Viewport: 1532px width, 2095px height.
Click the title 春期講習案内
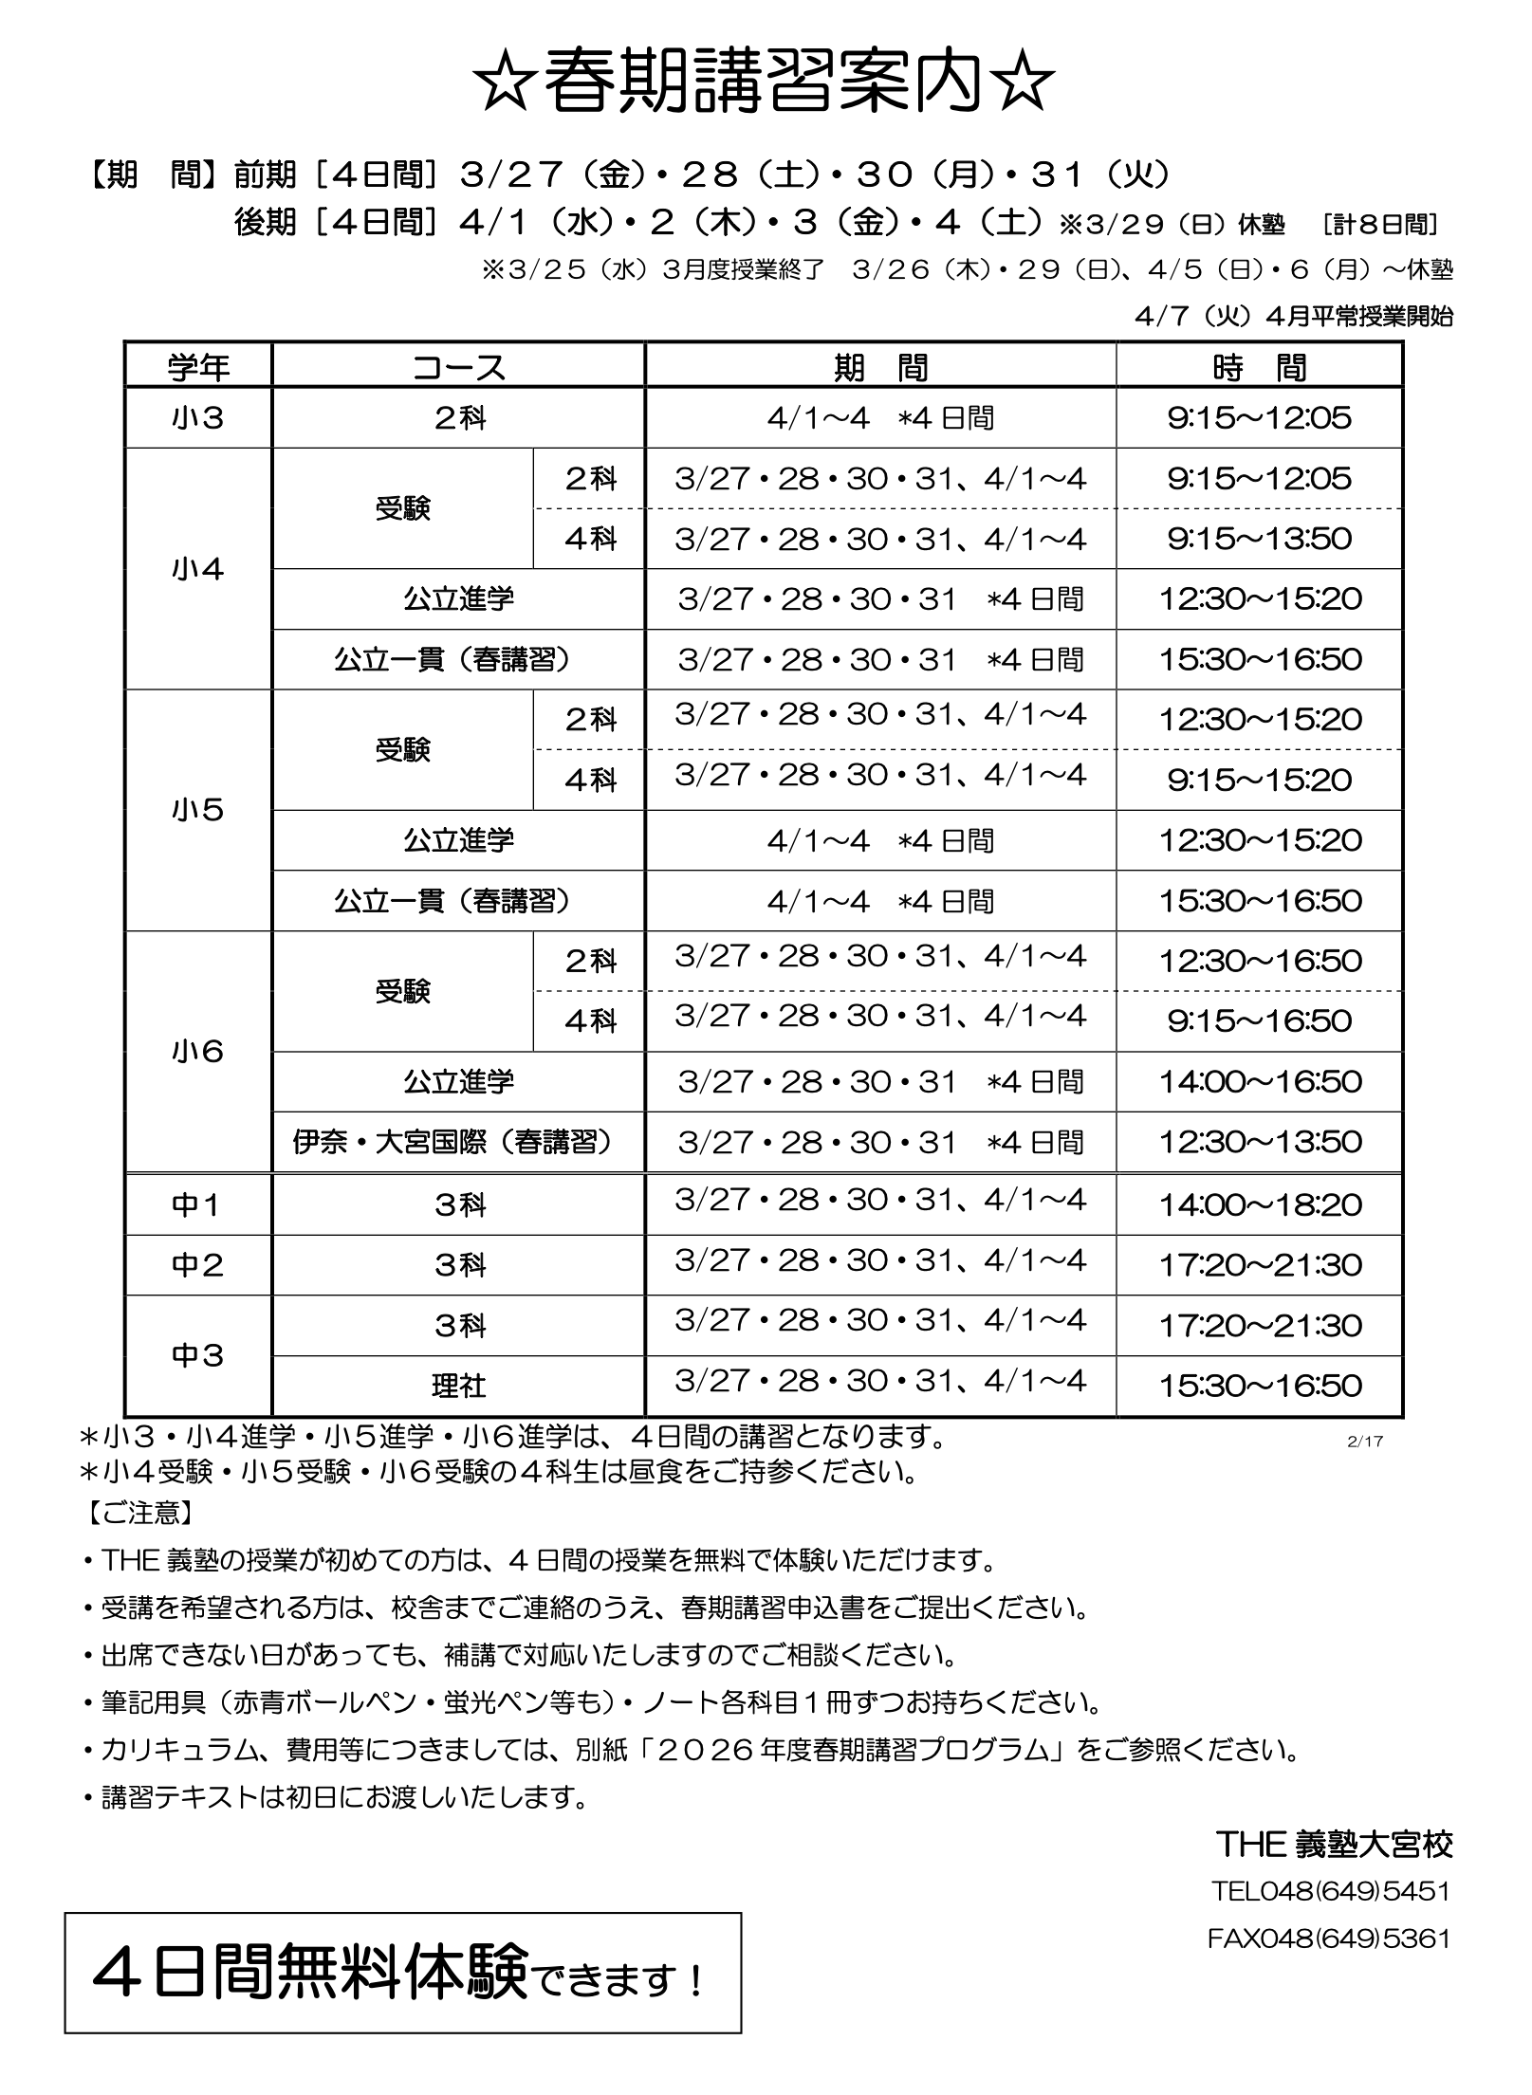click(x=766, y=83)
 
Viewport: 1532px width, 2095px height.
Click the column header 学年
click(x=198, y=367)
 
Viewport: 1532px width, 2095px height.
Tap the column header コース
click(x=458, y=367)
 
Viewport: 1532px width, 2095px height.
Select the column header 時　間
click(x=1259, y=367)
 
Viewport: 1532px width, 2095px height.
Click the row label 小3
click(x=198, y=418)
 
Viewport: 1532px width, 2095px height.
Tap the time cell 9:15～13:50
click(x=1259, y=539)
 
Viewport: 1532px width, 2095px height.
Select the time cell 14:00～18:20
click(x=1259, y=1205)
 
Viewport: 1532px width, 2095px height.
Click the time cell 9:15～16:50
click(x=1259, y=1021)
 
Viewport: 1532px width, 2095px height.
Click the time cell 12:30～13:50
click(x=1259, y=1142)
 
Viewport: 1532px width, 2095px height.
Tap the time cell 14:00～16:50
click(x=1259, y=1081)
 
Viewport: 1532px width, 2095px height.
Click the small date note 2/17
click(x=1364, y=1442)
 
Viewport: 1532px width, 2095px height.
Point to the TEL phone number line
click(x=1330, y=1891)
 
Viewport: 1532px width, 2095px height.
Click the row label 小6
click(x=198, y=1052)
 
